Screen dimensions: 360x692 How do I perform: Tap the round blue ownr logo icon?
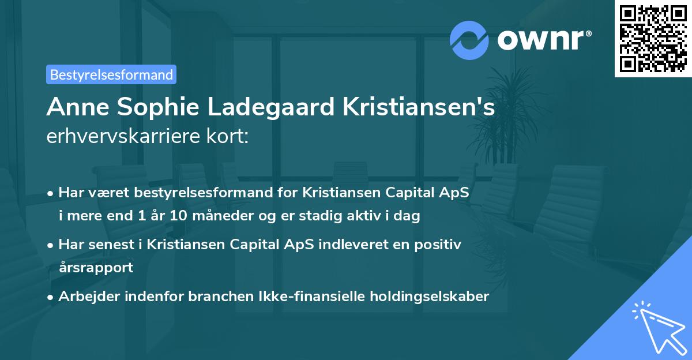pos(469,40)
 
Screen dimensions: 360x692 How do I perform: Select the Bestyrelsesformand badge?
pos(111,74)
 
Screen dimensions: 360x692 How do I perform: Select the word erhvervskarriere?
pos(125,137)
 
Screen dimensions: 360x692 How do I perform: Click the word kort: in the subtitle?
pos(229,137)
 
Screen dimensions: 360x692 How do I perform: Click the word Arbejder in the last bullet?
pos(88,297)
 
